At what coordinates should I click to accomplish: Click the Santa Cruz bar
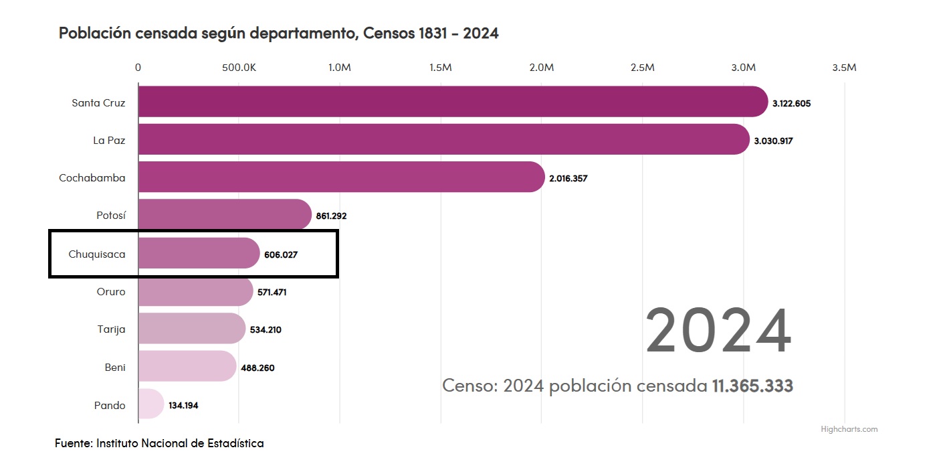coord(452,102)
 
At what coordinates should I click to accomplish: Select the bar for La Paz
coord(443,139)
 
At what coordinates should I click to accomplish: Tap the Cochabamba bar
coord(341,177)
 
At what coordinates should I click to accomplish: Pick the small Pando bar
coord(150,404)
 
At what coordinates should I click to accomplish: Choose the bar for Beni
coord(187,366)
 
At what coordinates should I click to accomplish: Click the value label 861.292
coord(331,216)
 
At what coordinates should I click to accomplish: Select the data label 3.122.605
coord(791,104)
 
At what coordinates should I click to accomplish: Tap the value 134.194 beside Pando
coord(183,406)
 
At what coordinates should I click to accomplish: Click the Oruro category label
coord(111,292)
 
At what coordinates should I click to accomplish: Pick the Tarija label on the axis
coord(111,329)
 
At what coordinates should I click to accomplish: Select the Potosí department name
coord(111,216)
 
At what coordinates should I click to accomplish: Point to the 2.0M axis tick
coord(541,68)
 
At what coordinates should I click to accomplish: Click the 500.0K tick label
coord(239,68)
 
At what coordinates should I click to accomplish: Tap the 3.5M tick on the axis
coord(844,68)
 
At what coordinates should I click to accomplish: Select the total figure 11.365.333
coord(752,386)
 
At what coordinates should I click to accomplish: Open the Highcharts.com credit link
coord(849,429)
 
